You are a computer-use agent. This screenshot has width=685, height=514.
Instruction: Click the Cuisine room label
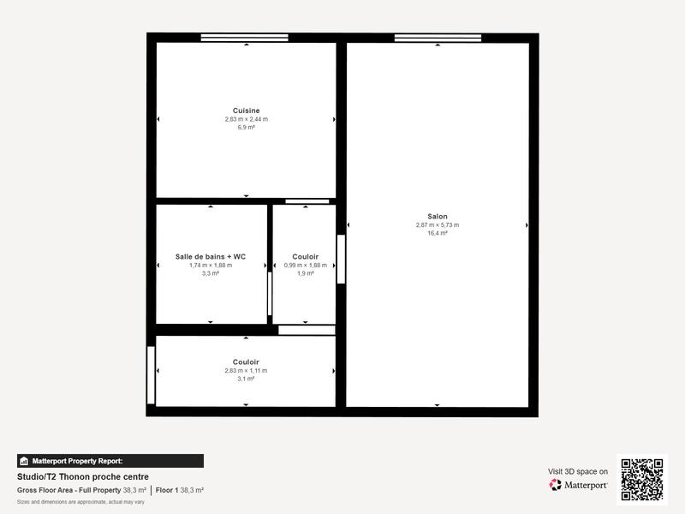(246, 111)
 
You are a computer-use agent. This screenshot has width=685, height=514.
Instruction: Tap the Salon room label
(437, 217)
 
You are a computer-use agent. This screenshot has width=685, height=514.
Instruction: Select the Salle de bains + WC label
(211, 257)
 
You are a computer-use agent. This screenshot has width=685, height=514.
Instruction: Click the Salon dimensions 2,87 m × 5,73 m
(437, 225)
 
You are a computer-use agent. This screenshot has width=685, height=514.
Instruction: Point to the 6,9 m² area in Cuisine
(246, 128)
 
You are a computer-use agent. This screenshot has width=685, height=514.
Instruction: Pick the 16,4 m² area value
(437, 233)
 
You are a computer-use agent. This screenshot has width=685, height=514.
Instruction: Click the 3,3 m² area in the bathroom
(211, 274)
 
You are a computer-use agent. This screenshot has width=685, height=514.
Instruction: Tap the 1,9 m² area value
(305, 274)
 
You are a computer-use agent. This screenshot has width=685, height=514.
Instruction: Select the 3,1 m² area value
(246, 379)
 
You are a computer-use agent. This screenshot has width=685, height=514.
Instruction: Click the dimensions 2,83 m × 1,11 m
(246, 371)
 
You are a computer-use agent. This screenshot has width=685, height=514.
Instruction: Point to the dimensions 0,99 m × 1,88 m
(305, 266)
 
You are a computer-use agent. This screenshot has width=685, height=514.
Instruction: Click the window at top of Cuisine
(245, 38)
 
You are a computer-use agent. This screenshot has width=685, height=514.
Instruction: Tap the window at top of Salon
(438, 38)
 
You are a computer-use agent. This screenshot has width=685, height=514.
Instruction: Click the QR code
(641, 480)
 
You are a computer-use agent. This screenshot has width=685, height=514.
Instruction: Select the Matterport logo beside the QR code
(579, 485)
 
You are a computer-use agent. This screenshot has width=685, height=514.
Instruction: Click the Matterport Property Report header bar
(110, 461)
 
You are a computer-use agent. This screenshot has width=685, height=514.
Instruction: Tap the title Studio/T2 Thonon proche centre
(83, 477)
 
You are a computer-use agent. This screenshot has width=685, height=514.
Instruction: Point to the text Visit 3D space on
(578, 471)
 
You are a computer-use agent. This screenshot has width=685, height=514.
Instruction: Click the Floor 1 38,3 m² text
(180, 490)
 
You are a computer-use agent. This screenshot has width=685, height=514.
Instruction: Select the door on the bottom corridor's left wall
(152, 375)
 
